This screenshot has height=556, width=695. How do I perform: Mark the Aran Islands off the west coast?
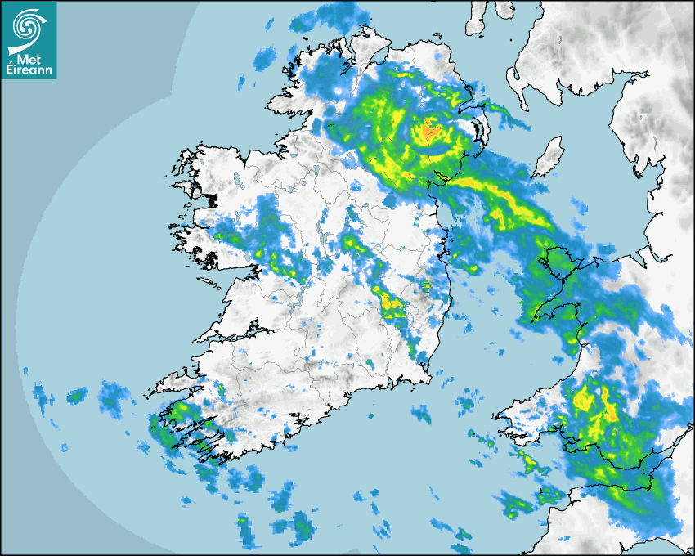tap(214, 284)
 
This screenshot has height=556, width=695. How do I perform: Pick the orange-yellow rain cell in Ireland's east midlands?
tap(391, 303)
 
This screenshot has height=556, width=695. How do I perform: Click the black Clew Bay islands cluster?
tap(210, 200)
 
